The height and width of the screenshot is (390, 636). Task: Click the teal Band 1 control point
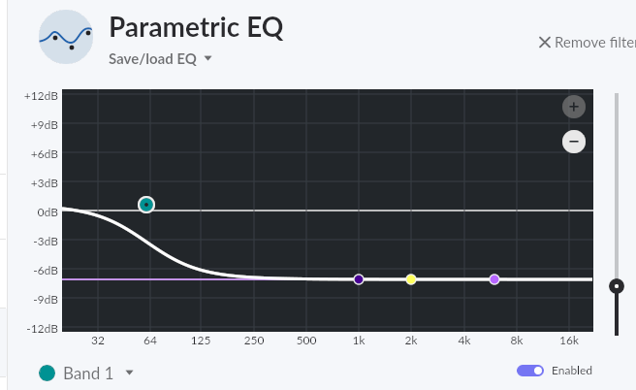coord(146,205)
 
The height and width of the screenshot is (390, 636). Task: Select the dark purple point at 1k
coord(359,279)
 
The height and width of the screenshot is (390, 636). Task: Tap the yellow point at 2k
coord(411,279)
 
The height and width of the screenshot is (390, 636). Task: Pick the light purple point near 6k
coord(494,279)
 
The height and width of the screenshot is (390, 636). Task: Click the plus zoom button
coord(573,107)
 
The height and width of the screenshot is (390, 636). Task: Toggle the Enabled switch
coord(530,371)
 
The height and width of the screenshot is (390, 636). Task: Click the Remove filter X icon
coord(545,42)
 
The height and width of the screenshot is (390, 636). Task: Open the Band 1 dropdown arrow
coord(129,373)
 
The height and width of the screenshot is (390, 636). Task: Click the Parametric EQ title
coord(196,26)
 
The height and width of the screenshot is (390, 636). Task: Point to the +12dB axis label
coord(41,96)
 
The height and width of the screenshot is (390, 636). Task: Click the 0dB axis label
coord(47,211)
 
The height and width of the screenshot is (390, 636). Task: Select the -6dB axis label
coord(45,270)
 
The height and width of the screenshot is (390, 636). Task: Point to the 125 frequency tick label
coord(202,341)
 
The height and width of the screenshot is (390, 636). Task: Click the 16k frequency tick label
coord(569,341)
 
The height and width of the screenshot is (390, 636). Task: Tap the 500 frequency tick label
coord(306,341)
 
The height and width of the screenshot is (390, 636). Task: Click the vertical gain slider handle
coord(616,285)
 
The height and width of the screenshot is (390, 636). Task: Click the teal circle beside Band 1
coord(47,373)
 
